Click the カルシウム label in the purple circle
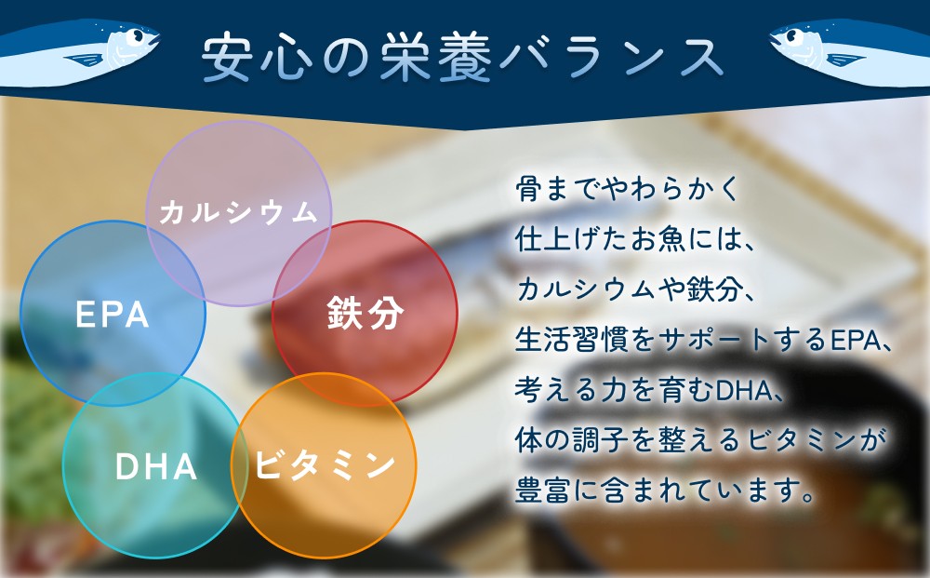[x=238, y=213]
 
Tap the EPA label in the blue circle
[x=113, y=315]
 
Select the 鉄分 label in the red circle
[x=365, y=313]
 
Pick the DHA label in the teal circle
[x=156, y=466]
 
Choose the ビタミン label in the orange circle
[x=325, y=464]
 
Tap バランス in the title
[x=612, y=58]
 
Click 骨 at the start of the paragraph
[x=528, y=189]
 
